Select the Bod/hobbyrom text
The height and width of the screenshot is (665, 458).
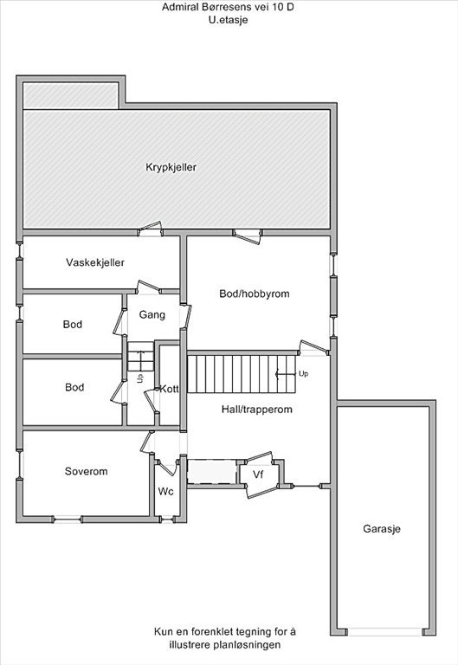254,294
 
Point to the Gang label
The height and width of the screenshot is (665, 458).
152,314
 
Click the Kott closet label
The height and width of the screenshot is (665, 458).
169,389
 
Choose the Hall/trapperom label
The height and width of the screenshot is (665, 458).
257,410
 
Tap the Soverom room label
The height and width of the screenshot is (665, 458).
86,472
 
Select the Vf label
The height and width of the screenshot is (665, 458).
258,475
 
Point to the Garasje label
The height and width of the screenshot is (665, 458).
382,529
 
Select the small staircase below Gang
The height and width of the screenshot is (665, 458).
140,356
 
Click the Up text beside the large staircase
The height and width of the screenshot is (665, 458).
303,374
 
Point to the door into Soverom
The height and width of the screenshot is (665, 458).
146,443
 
